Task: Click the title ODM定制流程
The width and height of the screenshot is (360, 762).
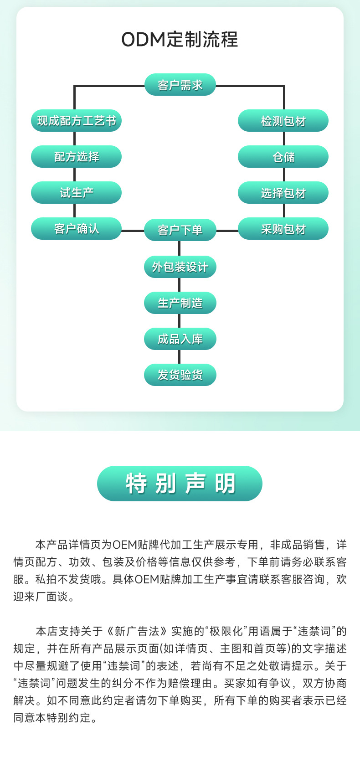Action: [x=180, y=40]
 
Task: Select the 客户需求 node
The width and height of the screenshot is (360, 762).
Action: [x=180, y=85]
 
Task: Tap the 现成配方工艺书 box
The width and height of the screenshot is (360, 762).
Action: [x=76, y=121]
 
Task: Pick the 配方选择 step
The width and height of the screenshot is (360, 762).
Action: [x=76, y=157]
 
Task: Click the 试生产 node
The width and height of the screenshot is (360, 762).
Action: [x=76, y=193]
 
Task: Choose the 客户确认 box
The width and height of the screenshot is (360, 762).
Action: [x=76, y=229]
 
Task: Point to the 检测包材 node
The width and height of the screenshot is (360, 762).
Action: [x=283, y=121]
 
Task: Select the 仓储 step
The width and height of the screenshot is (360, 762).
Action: [x=283, y=157]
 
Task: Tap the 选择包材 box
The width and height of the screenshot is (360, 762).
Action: [x=283, y=193]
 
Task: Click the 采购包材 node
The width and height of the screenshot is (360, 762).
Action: [x=283, y=229]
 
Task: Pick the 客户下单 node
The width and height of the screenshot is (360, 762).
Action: [x=180, y=230]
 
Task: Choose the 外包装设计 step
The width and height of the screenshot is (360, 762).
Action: [x=180, y=267]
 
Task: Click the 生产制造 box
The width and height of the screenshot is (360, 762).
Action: [x=180, y=303]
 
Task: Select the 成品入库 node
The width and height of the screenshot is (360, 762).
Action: [x=180, y=339]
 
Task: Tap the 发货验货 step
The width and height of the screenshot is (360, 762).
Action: [x=180, y=375]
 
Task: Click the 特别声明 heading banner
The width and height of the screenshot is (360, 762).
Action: [x=180, y=484]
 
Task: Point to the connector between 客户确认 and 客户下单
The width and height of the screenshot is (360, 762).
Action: [x=133, y=231]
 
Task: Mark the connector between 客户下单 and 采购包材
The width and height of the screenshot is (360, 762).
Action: [x=227, y=231]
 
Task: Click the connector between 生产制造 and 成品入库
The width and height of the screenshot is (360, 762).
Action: [x=179, y=321]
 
